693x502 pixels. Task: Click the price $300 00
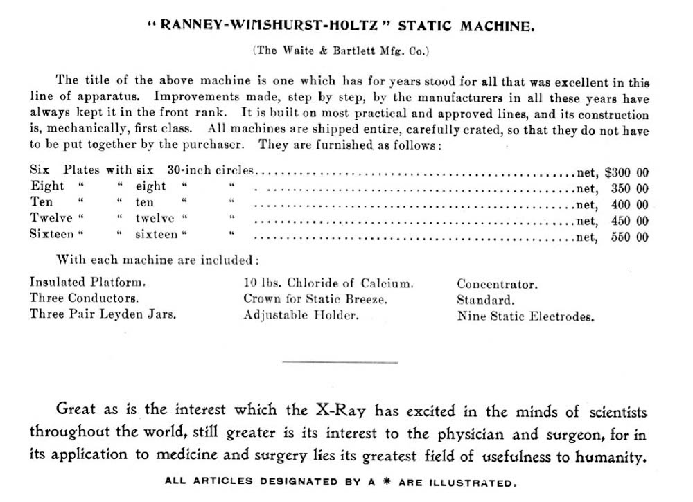(x=626, y=171)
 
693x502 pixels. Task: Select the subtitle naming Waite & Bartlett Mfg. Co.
(x=341, y=51)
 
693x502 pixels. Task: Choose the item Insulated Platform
(x=88, y=283)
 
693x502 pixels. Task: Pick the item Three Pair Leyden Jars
(x=103, y=314)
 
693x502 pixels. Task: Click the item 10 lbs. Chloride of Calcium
(x=328, y=283)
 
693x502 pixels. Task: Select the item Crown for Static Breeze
(x=315, y=299)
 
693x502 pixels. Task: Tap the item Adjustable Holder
(x=301, y=315)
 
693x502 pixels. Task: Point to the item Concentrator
(x=497, y=284)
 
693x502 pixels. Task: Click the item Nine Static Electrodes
(x=525, y=316)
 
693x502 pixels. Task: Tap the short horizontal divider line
(x=340, y=362)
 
